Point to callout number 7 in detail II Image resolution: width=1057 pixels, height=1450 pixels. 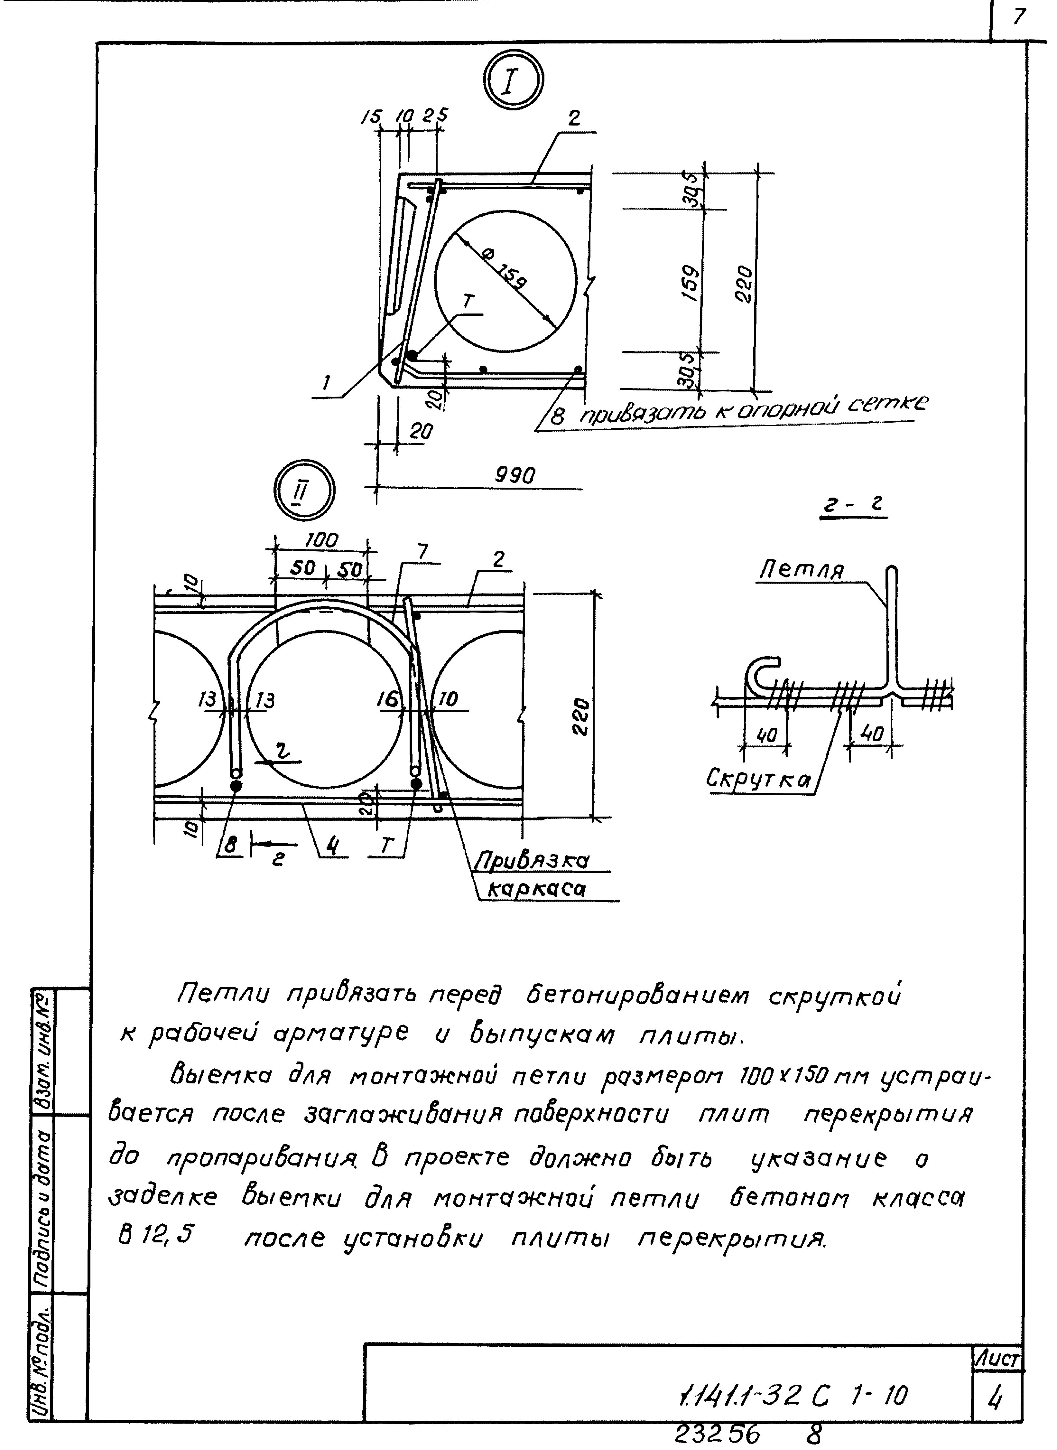pyautogui.click(x=423, y=552)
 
